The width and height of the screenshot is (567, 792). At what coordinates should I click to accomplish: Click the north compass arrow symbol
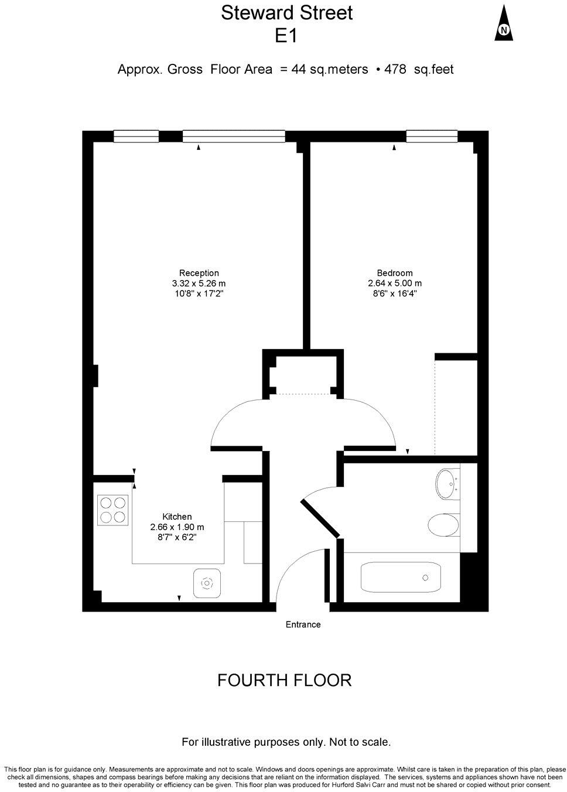click(504, 24)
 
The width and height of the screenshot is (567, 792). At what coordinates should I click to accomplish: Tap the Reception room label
click(199, 273)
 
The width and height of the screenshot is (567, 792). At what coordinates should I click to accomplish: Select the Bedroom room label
click(394, 273)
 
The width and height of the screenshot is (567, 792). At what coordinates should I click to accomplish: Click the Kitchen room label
click(177, 517)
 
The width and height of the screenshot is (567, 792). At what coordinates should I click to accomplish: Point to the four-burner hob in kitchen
click(112, 510)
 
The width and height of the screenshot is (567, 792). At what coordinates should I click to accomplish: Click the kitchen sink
click(207, 583)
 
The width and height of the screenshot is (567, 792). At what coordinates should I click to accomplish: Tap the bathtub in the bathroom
click(401, 578)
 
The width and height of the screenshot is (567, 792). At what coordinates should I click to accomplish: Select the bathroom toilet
click(443, 525)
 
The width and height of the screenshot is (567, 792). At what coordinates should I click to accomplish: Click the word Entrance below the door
click(303, 624)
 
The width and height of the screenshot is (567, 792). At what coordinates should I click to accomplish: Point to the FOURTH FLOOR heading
click(284, 680)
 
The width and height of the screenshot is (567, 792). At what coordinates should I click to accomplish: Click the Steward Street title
click(286, 13)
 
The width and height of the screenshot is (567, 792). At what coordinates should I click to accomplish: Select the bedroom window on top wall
click(432, 136)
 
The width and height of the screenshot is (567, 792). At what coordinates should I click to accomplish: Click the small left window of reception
click(136, 136)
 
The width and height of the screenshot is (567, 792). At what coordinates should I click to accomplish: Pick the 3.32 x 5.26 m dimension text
click(199, 284)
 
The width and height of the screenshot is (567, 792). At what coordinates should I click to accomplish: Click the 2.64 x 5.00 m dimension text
click(394, 284)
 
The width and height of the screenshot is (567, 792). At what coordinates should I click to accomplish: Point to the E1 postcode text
click(286, 36)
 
